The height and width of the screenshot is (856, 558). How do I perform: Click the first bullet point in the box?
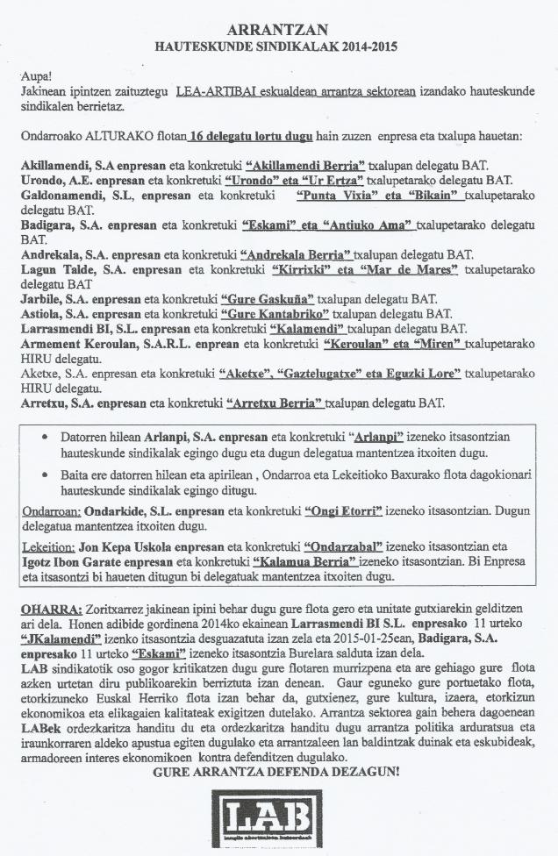[x=46, y=436]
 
